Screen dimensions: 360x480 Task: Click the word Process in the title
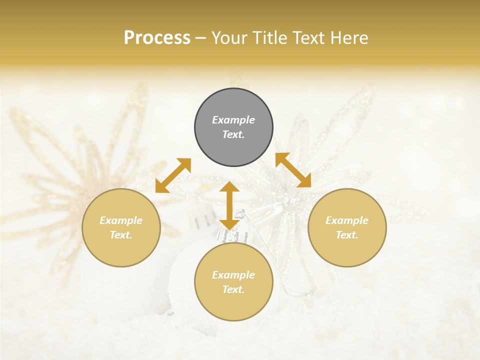[157, 38]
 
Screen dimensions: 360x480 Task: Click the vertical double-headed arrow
[229, 205]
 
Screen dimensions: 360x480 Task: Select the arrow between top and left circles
[173, 175]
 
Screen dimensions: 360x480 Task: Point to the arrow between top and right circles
[293, 170]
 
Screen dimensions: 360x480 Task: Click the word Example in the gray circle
[233, 120]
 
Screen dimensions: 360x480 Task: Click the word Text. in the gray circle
[233, 134]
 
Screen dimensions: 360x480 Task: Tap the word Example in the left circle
[121, 220]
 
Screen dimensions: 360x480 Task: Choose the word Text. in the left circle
[121, 235]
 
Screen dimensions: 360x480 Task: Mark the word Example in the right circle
[347, 220]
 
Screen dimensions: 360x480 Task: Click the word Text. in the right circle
[347, 235]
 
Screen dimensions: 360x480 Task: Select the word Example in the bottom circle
[233, 275]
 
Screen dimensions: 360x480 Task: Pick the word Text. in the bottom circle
[233, 289]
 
